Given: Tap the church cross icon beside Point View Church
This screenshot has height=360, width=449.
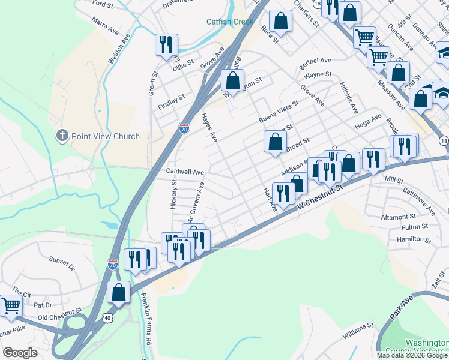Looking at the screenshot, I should [62, 136].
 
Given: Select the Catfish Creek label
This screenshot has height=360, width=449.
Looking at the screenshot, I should [230, 22].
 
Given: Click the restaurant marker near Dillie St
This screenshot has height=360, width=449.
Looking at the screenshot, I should [166, 45].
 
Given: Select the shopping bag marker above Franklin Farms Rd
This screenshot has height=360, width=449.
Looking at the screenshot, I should [119, 293].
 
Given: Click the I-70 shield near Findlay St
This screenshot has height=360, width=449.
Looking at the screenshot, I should [184, 128].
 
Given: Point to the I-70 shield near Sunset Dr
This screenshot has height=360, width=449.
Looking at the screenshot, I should [112, 264].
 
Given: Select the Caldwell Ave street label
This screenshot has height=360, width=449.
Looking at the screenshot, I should [185, 172].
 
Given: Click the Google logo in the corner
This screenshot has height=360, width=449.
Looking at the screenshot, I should [20, 353].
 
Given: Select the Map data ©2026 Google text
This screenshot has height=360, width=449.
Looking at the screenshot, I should [412, 355].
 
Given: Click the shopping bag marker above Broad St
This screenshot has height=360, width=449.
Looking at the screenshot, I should [274, 142].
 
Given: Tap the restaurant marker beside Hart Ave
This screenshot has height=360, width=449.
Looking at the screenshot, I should [283, 193].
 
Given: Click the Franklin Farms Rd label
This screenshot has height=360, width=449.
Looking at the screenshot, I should [145, 317].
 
